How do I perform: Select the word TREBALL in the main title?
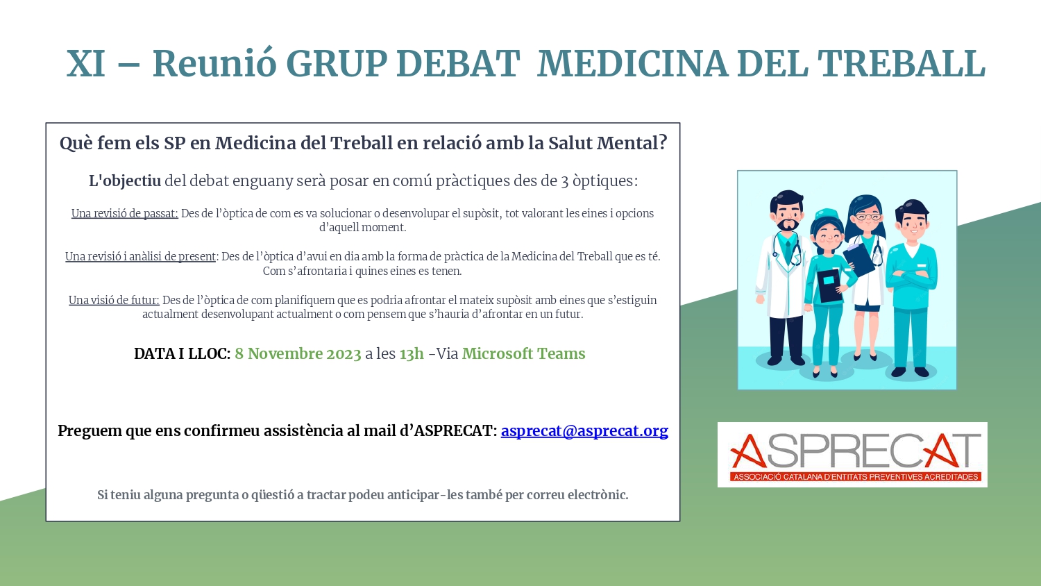901,63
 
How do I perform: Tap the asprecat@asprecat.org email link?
584,430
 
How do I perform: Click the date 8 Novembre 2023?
298,354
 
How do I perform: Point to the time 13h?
412,354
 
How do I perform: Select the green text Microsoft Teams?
523,354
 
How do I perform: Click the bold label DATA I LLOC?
182,354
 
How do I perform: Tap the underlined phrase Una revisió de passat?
124,213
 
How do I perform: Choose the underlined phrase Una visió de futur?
114,301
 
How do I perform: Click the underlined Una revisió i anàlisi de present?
140,257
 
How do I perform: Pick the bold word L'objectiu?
125,181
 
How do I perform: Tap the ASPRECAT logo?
852,454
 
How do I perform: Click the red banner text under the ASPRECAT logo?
856,477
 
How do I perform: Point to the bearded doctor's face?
786,217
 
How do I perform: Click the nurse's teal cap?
827,215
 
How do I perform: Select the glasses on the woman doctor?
867,217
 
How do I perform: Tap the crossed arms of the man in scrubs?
911,280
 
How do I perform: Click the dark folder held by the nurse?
829,285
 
